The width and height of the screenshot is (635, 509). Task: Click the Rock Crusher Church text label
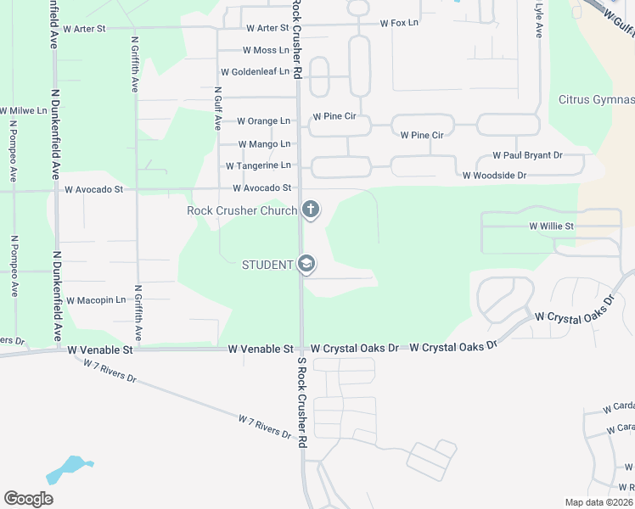click(x=242, y=210)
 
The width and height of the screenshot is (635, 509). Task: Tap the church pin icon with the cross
click(x=311, y=209)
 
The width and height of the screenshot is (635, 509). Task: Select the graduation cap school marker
click(x=306, y=265)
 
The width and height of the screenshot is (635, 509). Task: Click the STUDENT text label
click(x=267, y=265)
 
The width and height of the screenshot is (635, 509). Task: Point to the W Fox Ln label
click(x=399, y=23)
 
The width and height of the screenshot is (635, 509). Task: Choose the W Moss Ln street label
click(x=266, y=51)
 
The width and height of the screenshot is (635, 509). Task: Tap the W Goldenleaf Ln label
click(x=255, y=72)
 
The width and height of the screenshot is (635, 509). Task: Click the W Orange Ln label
click(x=263, y=121)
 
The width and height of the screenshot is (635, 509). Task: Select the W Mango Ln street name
click(x=264, y=144)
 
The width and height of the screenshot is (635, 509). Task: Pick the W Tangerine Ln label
click(x=258, y=165)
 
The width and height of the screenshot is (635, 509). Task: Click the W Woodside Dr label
click(x=494, y=176)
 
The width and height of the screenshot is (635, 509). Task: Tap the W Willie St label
click(x=552, y=227)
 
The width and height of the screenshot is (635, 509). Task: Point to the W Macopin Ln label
click(x=95, y=300)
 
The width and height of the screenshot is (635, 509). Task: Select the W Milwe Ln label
click(x=23, y=111)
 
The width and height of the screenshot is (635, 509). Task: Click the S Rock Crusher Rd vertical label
click(x=301, y=402)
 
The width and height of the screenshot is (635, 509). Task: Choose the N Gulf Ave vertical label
click(x=218, y=107)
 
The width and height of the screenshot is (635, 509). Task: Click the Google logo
click(x=29, y=499)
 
